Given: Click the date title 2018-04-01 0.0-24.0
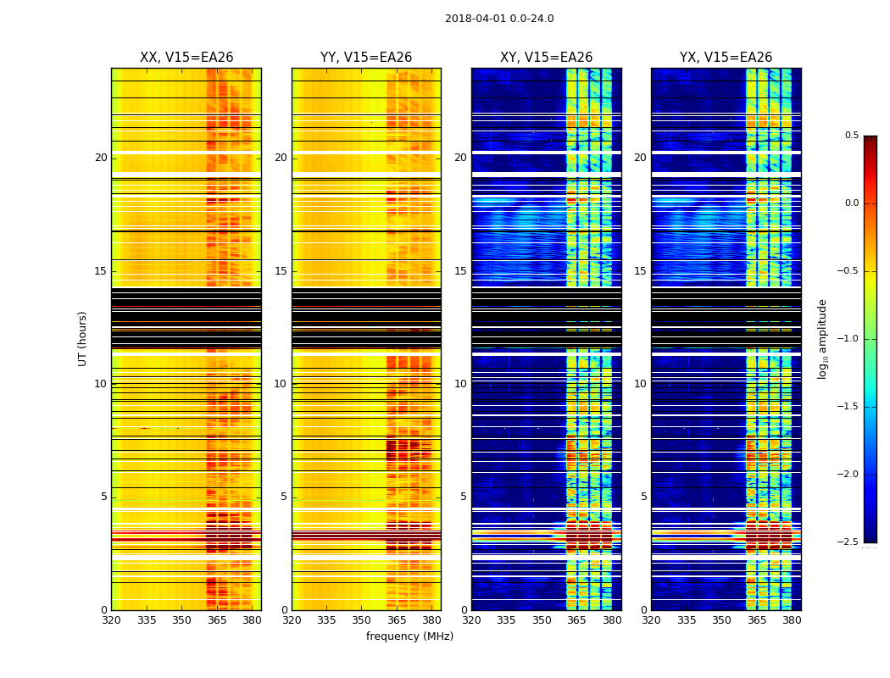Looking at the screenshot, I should point(499,19).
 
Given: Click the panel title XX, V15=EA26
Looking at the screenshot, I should point(186,58).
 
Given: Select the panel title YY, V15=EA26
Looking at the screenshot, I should point(366,58).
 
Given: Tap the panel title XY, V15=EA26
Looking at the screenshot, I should point(546,58).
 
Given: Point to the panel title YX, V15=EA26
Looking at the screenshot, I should point(726,58).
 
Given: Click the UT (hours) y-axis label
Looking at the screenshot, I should point(83,338).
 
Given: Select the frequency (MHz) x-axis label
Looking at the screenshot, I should point(409,636).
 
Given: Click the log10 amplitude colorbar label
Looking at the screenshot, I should point(822,338).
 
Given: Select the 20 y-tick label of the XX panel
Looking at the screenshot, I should point(101,158).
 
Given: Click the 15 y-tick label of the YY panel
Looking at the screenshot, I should point(281,271).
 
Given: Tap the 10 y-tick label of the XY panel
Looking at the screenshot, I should point(460,384).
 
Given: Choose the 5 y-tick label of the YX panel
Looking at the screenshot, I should point(643,497).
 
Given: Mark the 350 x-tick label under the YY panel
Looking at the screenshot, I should point(362,620).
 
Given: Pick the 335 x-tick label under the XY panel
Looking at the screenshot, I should point(506,620).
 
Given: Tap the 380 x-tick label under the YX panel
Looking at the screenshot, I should point(792,620).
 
